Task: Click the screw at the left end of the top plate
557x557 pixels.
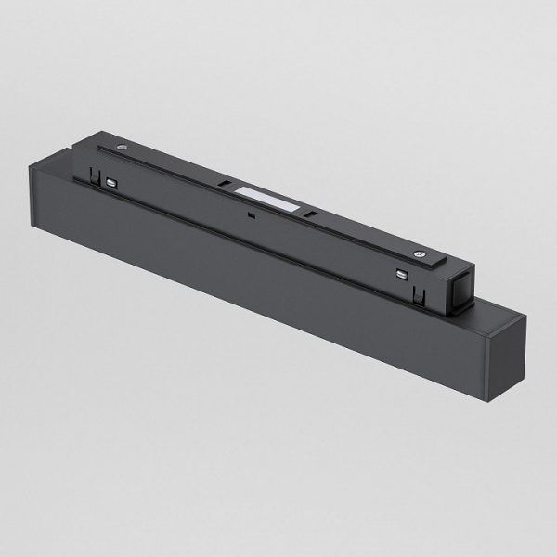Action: coord(123,147)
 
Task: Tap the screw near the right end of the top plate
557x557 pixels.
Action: coord(422,253)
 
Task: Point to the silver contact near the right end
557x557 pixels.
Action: coord(402,275)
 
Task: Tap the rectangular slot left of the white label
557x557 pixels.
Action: coord(227,184)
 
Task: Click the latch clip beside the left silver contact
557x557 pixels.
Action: coord(96,176)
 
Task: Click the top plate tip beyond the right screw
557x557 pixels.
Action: coord(450,264)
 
